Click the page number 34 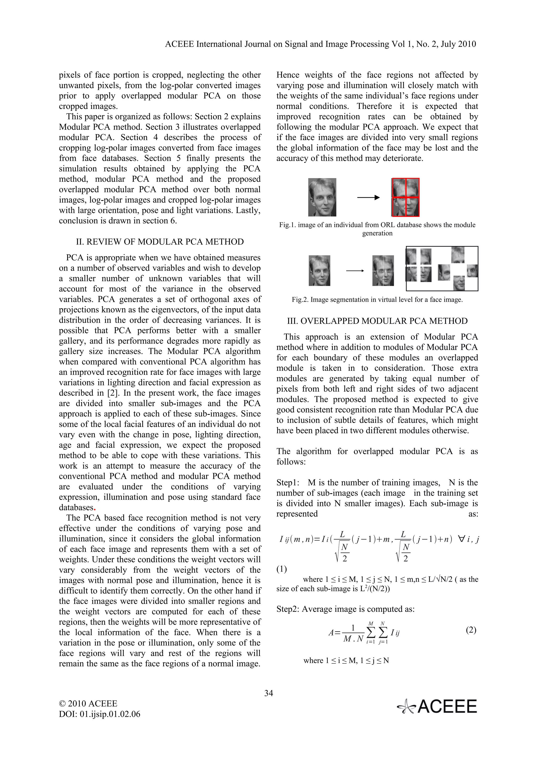268,693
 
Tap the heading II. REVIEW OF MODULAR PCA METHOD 160,242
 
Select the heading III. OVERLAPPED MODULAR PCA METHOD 377,321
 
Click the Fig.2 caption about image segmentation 377,300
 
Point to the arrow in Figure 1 368,198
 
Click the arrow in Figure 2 355,271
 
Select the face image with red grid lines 406,197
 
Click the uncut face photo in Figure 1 322,197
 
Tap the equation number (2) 471,630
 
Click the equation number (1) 282,569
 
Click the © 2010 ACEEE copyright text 88,703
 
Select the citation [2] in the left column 111,393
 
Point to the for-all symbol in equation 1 461,540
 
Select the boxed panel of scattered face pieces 442,268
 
